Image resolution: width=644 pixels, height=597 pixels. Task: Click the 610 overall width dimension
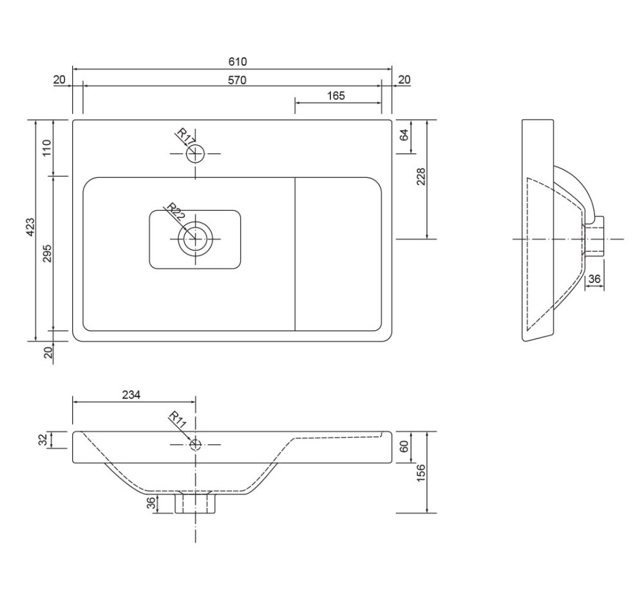(238, 62)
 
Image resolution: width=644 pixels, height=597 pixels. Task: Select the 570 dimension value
(237, 80)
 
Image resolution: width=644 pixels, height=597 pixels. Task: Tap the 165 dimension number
(336, 96)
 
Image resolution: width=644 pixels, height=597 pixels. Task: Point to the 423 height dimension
(30, 228)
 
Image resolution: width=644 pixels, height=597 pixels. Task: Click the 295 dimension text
(48, 253)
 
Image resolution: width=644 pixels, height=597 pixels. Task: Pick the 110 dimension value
(47, 148)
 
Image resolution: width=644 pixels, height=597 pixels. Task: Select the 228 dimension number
(421, 177)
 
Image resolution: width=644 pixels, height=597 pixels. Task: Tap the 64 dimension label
(404, 135)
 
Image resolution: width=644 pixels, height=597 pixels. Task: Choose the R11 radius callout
(178, 420)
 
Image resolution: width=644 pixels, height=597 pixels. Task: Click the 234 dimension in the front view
(131, 395)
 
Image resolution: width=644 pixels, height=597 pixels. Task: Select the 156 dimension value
(421, 473)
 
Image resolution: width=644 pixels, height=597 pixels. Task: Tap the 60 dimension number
(404, 447)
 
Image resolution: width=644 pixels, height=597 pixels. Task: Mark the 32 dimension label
(43, 440)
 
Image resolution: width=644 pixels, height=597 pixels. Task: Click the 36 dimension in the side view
(594, 279)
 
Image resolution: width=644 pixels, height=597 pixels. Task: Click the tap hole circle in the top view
(196, 154)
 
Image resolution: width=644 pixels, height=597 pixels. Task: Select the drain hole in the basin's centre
(196, 239)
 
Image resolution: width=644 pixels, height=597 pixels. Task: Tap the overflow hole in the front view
(196, 444)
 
